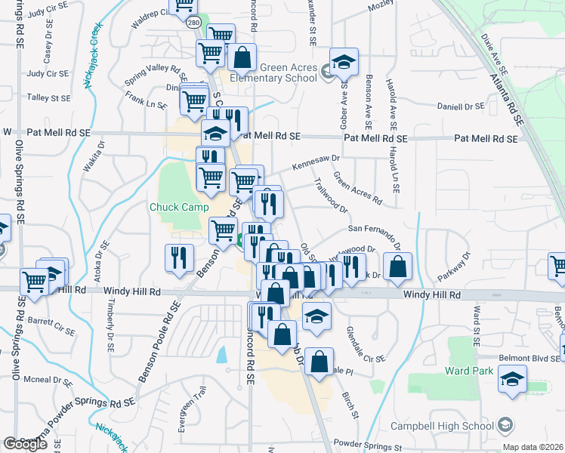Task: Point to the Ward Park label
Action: coord(468,371)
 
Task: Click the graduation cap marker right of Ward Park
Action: coord(513,381)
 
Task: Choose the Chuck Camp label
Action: coord(178,207)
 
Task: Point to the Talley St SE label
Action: coord(48,98)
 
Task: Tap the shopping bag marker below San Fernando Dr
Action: coord(397,267)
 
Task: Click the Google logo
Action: coord(26,444)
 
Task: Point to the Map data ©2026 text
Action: coord(533,447)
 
